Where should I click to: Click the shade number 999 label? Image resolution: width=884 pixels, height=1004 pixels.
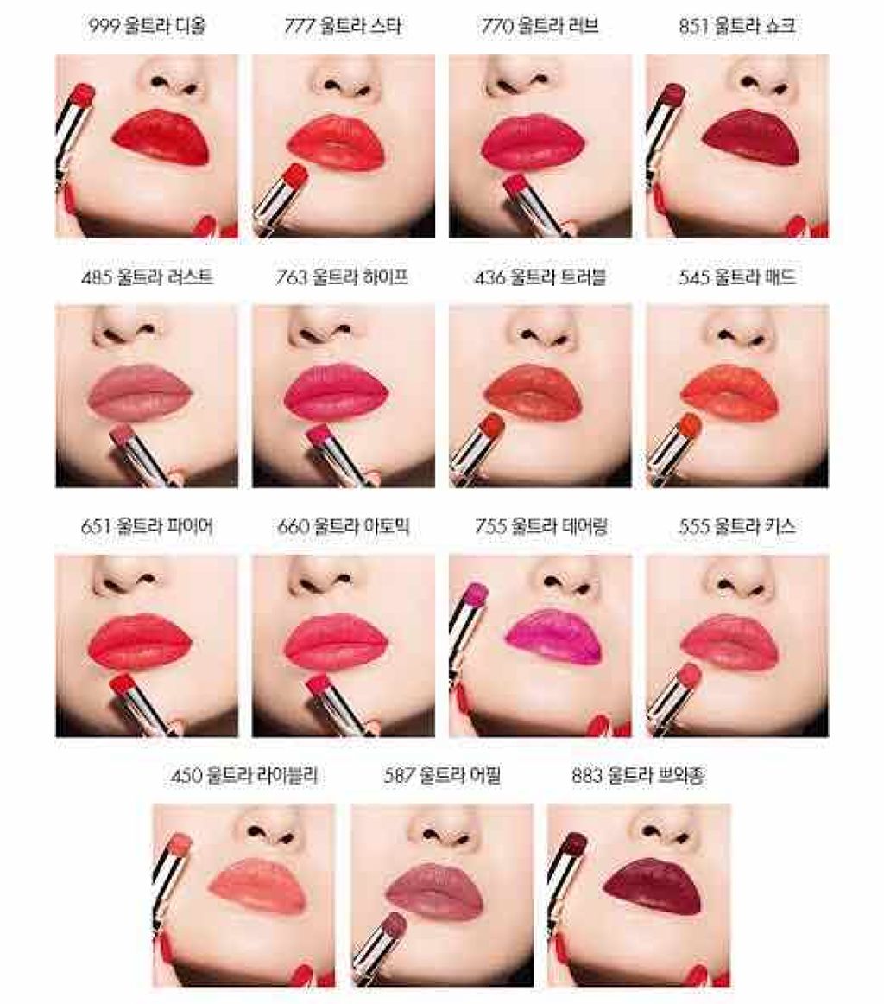(x=103, y=27)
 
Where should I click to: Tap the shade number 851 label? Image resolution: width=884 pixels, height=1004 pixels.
(x=692, y=27)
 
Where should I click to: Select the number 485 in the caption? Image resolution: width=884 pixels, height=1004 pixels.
(x=97, y=277)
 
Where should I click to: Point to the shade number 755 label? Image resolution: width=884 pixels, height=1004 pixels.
(x=490, y=526)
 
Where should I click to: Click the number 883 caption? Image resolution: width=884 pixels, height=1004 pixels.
(x=586, y=776)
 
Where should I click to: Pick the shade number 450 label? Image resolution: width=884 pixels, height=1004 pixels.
(x=186, y=776)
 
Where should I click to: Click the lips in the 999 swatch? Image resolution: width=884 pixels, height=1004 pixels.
(x=161, y=137)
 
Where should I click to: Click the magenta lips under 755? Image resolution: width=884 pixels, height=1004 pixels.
(x=552, y=637)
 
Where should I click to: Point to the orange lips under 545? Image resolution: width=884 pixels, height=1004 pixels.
(x=730, y=387)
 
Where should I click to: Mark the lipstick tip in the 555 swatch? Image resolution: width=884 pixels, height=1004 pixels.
(x=689, y=675)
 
